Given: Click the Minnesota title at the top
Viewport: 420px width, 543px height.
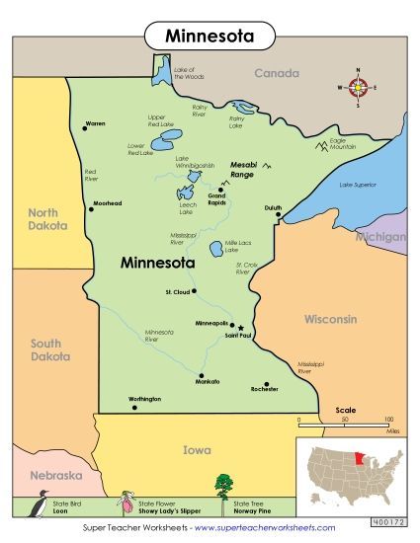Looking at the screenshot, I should [x=209, y=37].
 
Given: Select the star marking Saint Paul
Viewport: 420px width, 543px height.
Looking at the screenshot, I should [x=240, y=327].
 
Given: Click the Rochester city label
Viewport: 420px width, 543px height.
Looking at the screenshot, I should [x=265, y=389].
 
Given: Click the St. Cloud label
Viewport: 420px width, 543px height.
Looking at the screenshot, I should [x=177, y=292].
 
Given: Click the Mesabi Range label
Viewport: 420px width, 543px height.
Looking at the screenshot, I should [x=243, y=169].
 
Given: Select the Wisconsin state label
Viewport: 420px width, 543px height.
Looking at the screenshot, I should [x=330, y=320].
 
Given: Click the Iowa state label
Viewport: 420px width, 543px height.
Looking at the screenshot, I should [x=197, y=450].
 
